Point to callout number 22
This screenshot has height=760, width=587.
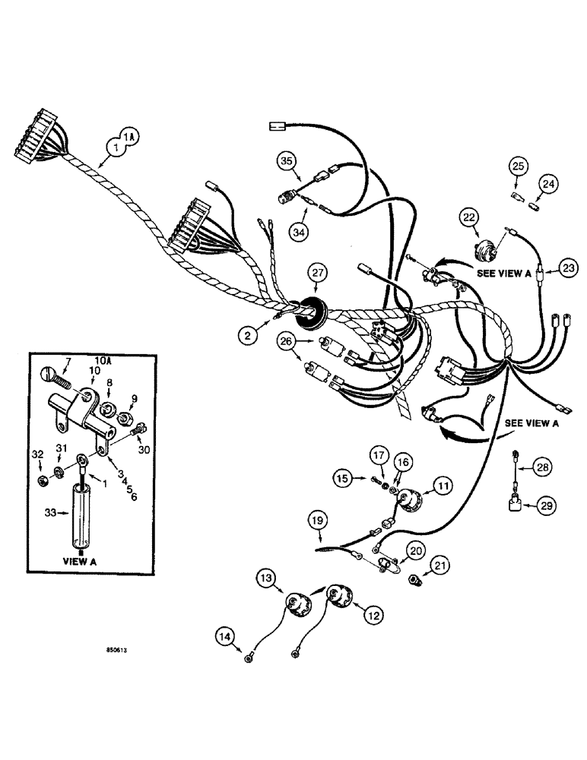[467, 218]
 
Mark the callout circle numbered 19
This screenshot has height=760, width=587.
[319, 521]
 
